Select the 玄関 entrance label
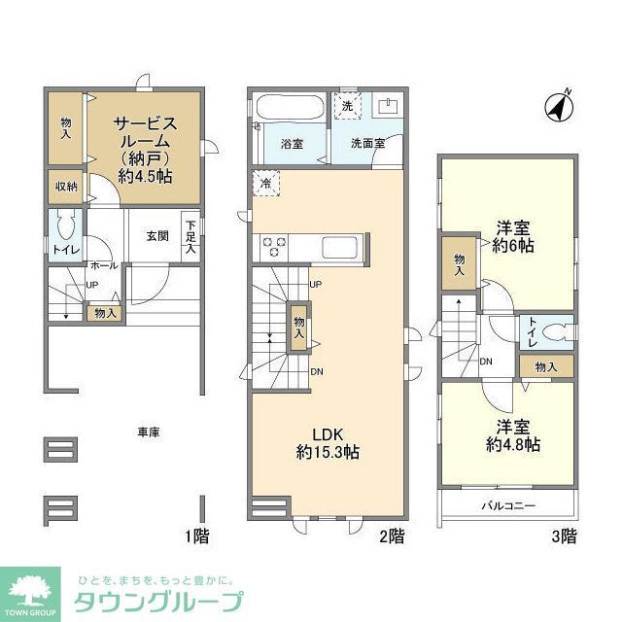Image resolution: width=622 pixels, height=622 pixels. point(157,235)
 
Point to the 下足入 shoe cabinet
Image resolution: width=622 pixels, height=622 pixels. point(190,235)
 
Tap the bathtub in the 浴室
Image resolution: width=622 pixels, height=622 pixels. point(291,110)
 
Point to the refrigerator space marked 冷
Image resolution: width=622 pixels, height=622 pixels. point(265,182)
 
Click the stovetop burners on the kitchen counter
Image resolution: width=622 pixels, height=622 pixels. point(274,247)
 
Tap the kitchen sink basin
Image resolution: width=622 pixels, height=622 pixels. point(339,247)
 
